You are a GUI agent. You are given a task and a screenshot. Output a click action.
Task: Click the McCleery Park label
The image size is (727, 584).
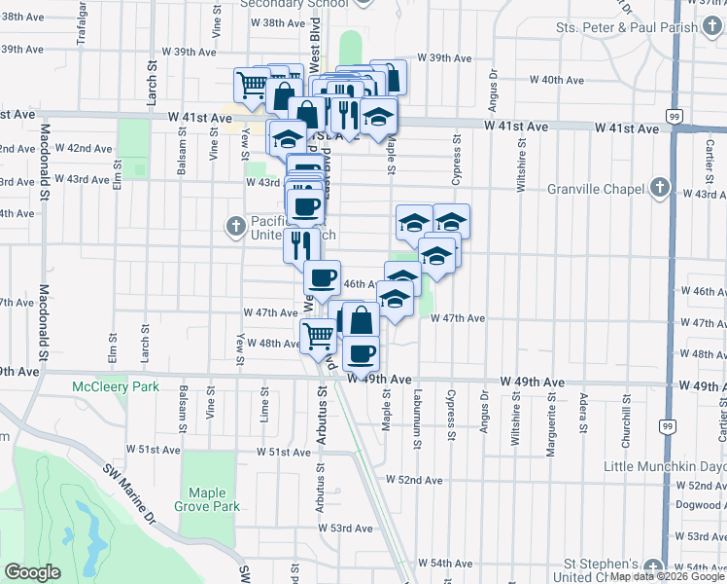point(115,386)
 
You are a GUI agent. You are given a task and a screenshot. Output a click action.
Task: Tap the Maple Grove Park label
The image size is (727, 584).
point(206,499)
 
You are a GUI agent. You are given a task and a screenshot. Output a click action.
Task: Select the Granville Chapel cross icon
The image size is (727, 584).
point(660,188)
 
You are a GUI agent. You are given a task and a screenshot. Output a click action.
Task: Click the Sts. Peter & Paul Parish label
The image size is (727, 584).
point(636,27)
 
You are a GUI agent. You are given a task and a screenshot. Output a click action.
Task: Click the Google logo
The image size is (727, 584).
point(33,572)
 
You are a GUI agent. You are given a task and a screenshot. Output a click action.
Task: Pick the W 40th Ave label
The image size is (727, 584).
point(556,80)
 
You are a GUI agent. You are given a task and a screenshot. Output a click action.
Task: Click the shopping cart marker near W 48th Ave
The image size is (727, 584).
point(318,337)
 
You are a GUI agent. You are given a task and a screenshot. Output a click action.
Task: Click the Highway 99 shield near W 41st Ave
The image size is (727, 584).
point(674,115)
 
